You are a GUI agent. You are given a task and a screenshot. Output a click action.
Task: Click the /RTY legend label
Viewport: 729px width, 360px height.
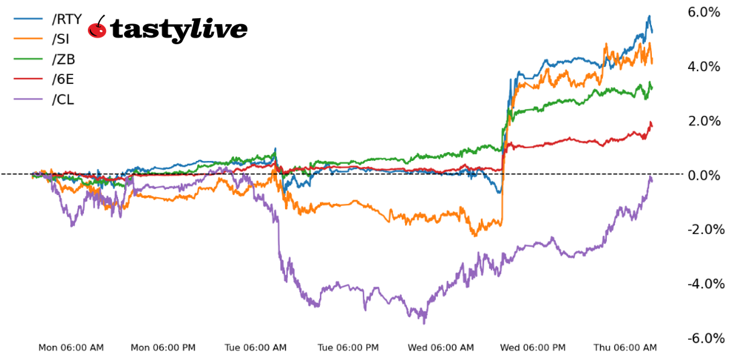(66, 19)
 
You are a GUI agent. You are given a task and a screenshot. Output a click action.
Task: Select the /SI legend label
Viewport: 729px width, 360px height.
(61, 39)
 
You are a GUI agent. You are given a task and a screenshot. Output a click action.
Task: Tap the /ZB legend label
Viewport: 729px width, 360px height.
(63, 60)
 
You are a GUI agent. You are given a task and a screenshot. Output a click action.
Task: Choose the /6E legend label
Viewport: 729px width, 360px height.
(63, 80)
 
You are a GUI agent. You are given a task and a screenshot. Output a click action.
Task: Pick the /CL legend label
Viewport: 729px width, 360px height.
(63, 100)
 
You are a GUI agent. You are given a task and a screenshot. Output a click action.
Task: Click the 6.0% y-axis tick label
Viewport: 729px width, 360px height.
(704, 12)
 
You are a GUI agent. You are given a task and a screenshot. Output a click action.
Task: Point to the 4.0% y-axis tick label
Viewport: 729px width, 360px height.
(704, 66)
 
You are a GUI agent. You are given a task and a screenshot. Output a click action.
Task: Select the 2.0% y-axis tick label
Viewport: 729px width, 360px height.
(704, 121)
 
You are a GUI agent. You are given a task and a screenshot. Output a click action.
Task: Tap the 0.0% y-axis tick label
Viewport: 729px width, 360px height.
(704, 175)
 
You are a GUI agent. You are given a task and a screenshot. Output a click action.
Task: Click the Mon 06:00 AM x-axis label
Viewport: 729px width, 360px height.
(71, 347)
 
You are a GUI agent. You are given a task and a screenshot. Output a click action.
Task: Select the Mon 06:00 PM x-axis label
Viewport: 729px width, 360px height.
(164, 347)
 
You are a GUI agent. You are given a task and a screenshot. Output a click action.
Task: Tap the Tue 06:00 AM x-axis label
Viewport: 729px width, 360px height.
(256, 347)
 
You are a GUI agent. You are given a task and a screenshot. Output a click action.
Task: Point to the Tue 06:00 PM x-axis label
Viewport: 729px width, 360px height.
(348, 347)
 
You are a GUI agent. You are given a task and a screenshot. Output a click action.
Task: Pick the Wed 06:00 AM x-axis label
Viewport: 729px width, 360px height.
(441, 347)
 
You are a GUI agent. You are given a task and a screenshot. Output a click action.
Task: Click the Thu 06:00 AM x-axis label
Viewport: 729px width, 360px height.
(625, 347)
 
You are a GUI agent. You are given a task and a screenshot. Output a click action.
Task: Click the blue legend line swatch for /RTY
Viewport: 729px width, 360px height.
(29, 19)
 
